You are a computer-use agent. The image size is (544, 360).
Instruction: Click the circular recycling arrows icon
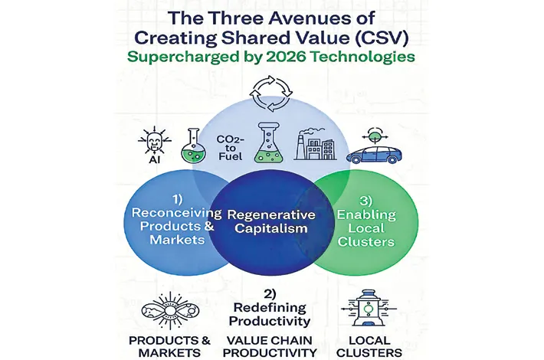tap(271, 93)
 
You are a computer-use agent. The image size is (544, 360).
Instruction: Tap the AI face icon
tap(154, 142)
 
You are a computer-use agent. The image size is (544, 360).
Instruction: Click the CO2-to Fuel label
tap(230, 148)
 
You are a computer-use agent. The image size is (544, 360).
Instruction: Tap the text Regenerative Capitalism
tap(271, 221)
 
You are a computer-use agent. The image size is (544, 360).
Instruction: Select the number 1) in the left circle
tap(177, 199)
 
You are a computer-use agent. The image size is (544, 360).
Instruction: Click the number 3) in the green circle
tap(365, 201)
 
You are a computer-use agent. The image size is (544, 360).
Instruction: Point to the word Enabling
tap(366, 215)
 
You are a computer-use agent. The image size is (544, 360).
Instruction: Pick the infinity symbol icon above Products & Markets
tap(170, 310)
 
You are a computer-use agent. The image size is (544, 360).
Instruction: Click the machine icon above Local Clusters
tap(369, 308)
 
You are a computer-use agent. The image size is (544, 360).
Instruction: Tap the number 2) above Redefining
tap(270, 294)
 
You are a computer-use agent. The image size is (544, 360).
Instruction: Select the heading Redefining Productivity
tap(270, 314)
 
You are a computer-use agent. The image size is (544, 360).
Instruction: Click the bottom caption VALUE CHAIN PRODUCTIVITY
tap(270, 346)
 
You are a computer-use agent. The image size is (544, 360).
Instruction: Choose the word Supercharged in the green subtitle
tap(183, 57)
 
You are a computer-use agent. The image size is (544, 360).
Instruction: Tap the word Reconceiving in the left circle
tap(176, 213)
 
